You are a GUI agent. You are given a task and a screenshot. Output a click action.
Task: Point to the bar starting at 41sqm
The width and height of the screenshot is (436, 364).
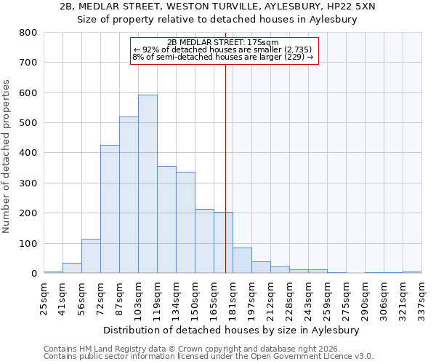click(x=72, y=268)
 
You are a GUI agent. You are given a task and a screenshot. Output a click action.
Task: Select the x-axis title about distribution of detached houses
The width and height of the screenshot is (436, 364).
click(x=231, y=331)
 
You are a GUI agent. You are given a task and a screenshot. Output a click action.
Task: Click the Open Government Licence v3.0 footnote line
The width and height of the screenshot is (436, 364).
click(x=209, y=357)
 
